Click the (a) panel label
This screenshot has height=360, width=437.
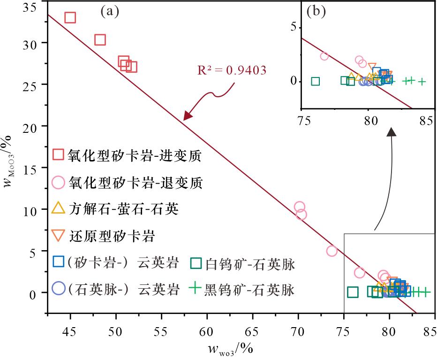click(x=110, y=12)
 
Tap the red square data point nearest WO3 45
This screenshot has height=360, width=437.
click(x=70, y=18)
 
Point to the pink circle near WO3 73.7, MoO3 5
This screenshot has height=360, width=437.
click(x=332, y=251)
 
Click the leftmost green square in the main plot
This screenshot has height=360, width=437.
click(x=353, y=292)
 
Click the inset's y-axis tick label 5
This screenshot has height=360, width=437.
click(x=293, y=27)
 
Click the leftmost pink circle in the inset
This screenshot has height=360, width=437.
click(x=324, y=56)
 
